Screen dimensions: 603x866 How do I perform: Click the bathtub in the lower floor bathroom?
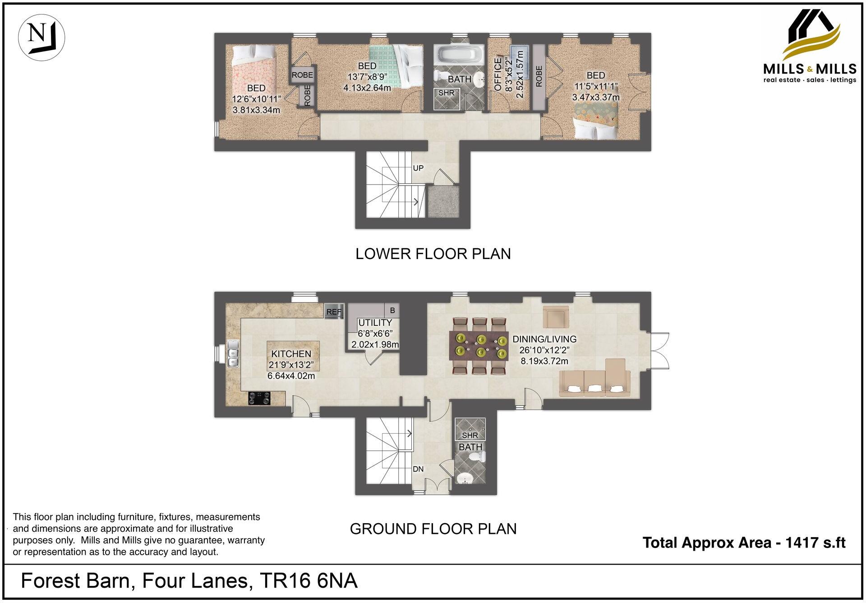(x=459, y=57)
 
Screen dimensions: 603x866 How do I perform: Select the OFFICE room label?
(x=498, y=74)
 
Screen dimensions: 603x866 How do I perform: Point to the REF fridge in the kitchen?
(x=334, y=311)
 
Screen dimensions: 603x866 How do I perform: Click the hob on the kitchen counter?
(x=260, y=399)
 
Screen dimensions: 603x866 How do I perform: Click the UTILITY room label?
(x=375, y=323)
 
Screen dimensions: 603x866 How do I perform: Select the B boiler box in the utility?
(x=392, y=311)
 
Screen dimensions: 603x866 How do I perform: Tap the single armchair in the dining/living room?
(x=556, y=317)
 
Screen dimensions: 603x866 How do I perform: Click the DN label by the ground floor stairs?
(x=418, y=469)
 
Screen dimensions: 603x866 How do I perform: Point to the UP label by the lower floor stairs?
(x=418, y=168)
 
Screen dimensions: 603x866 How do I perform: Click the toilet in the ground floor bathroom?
(x=475, y=458)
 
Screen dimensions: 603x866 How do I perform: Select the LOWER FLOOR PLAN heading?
(x=433, y=254)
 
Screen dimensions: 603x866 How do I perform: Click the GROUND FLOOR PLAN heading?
(x=433, y=529)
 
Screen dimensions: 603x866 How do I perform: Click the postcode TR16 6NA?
(x=309, y=581)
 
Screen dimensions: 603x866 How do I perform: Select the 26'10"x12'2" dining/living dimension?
(x=544, y=350)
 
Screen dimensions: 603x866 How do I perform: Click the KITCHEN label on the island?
(x=291, y=354)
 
